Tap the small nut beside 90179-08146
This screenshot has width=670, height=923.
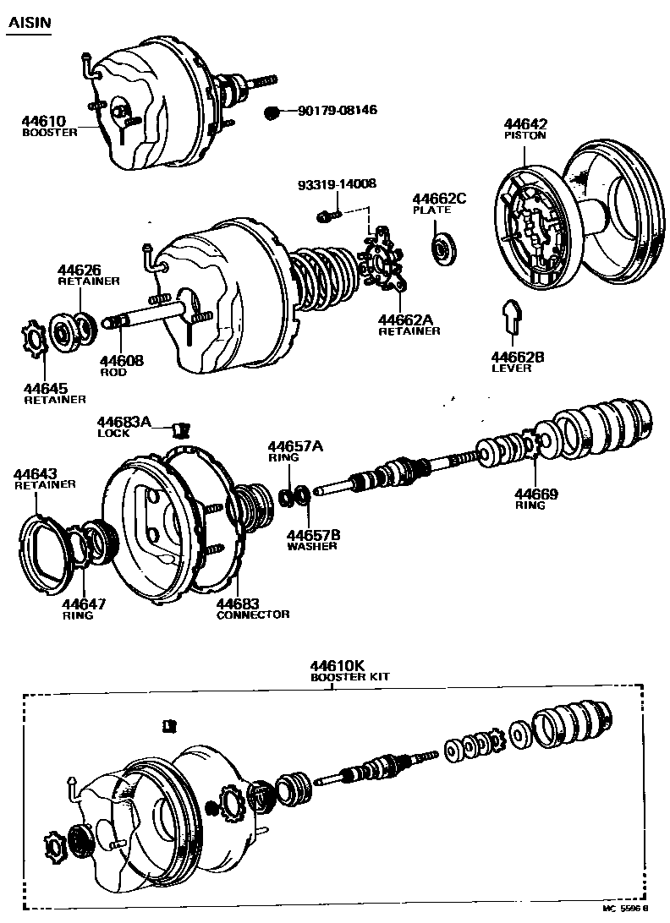pyautogui.click(x=272, y=112)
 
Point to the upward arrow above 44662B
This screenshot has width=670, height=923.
pyautogui.click(x=511, y=319)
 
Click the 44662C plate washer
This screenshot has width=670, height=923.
pyautogui.click(x=442, y=249)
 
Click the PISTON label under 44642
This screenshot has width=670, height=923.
pyautogui.click(x=524, y=136)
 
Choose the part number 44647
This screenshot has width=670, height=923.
pyautogui.click(x=83, y=604)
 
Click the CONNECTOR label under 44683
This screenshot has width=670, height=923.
pyautogui.click(x=253, y=614)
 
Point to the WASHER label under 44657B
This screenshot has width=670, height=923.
pyautogui.click(x=311, y=546)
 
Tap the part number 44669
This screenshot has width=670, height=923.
pyautogui.click(x=539, y=494)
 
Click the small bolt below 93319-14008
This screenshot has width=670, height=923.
pyautogui.click(x=326, y=216)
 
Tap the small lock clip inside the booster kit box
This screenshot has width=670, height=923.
pyautogui.click(x=170, y=724)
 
